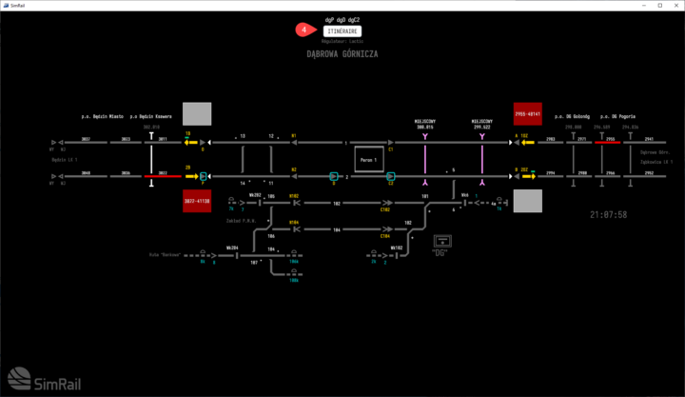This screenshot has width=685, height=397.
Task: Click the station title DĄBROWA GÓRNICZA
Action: (342, 54)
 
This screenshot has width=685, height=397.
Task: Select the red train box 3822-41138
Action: (196, 201)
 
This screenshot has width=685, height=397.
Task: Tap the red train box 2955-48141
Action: (527, 113)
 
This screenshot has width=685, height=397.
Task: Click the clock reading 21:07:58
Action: (608, 215)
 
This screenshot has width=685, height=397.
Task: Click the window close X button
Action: (671, 6)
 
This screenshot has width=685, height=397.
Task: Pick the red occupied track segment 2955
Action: (608, 143)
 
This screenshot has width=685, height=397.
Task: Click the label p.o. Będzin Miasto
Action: (102, 117)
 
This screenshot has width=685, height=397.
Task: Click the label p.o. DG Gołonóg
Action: (572, 117)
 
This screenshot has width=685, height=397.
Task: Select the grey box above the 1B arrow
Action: (196, 113)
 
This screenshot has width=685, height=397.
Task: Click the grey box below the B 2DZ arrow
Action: (527, 201)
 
